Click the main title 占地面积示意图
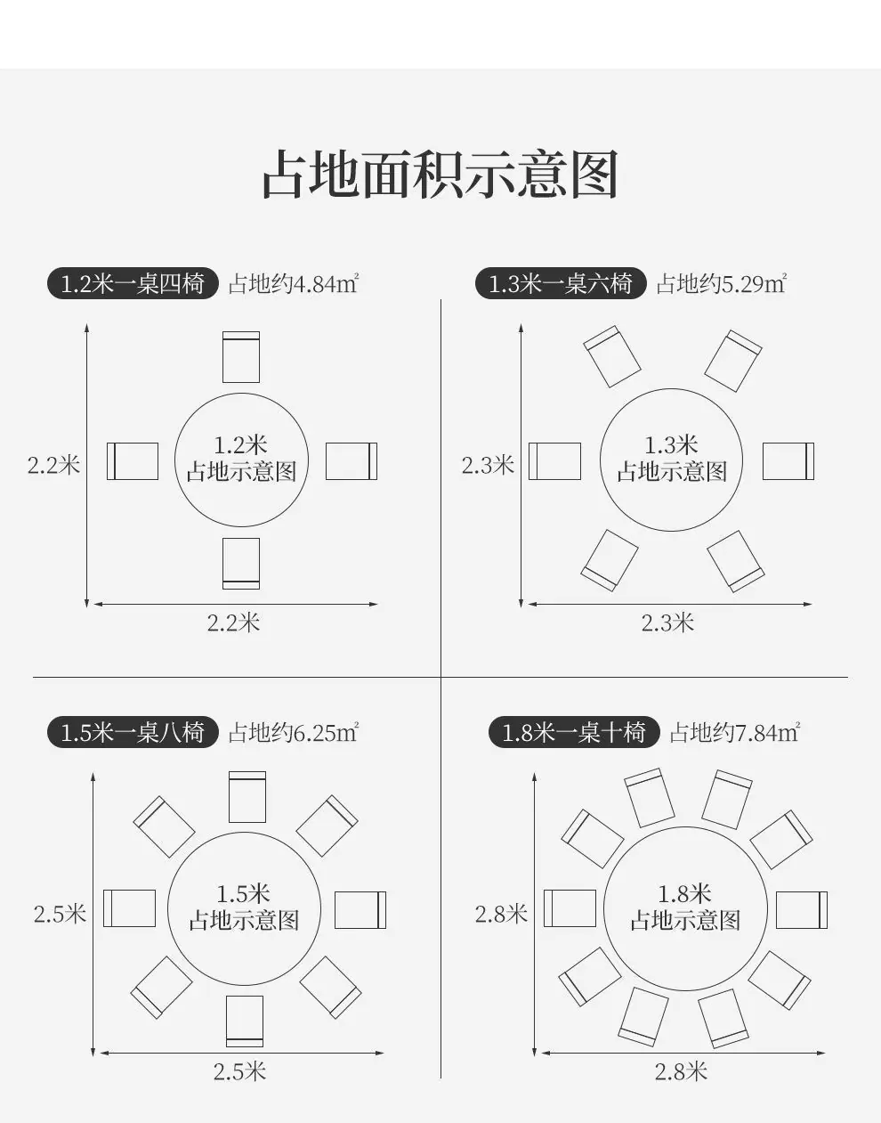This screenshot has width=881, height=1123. pos(440,174)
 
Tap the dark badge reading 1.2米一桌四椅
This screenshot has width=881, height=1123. pos(133,283)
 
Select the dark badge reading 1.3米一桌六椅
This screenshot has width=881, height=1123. pos(561,283)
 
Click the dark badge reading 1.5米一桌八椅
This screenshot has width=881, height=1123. pos(133,732)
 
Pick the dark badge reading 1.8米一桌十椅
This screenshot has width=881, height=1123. pos(574,732)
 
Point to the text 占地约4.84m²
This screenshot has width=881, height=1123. pos(294,283)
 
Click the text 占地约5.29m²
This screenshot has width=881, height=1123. pos(722,283)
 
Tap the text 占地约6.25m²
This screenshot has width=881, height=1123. pos(294,732)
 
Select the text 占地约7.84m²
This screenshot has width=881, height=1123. pos(735,732)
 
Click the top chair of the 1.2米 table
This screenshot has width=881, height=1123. pos(241,357)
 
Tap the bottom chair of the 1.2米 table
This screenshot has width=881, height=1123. pos(241,564)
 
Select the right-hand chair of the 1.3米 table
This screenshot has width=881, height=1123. pos(788,461)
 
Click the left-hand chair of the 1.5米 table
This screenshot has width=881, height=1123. pos(129,908)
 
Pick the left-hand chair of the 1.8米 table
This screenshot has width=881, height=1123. pos(570,908)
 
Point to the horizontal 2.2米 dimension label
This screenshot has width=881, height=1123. pos(233,623)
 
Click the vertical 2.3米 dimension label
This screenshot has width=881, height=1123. pos(488,465)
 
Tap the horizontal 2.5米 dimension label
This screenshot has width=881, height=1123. pos(239,1072)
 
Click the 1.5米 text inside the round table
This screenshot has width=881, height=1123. pos(243,893)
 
